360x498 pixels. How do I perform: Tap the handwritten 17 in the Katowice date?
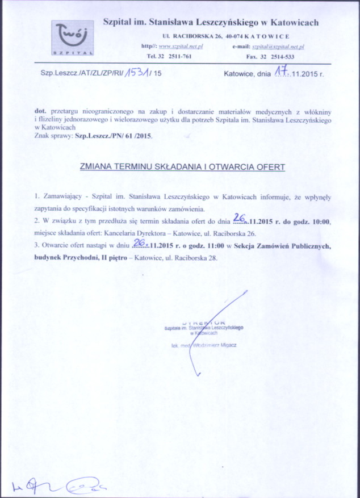(280, 72)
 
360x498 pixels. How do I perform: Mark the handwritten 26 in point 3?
(138, 243)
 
